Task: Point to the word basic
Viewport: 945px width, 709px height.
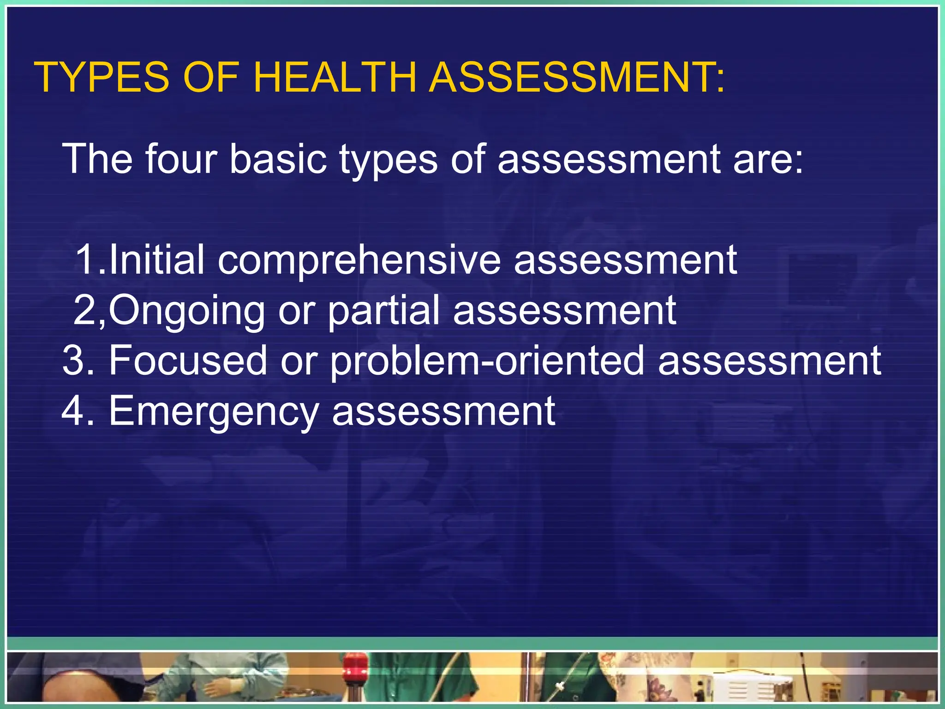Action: [x=278, y=159]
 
